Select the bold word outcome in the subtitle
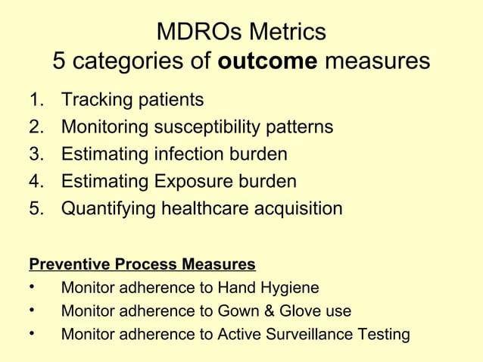[x=268, y=61]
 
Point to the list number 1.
[x=35, y=100]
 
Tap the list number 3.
[x=35, y=154]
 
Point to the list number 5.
[x=35, y=208]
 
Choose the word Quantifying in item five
[x=108, y=208]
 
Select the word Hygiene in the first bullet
[x=289, y=288]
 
